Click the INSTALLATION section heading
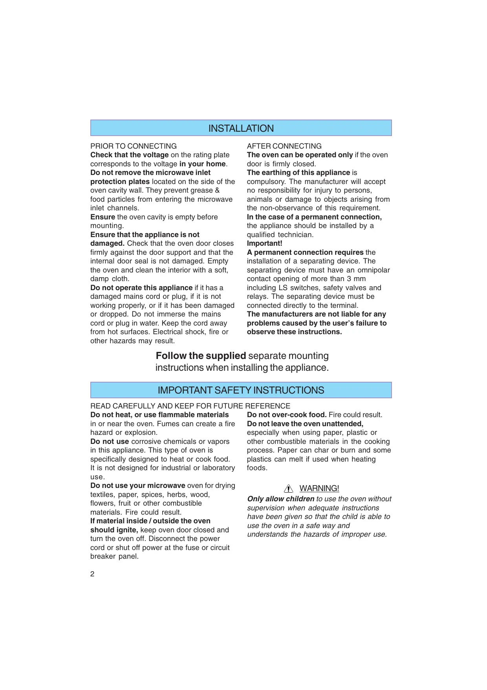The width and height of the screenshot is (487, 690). [x=241, y=129]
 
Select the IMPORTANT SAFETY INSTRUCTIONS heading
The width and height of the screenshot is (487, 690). [x=241, y=390]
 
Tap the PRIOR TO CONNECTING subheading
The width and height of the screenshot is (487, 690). [x=134, y=146]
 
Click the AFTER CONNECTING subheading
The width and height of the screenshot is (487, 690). [x=284, y=146]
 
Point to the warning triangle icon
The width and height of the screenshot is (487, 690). [x=289, y=489]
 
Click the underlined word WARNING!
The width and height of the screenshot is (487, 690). [x=319, y=488]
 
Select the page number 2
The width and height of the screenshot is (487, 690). [x=92, y=574]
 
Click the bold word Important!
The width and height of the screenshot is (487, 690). [x=264, y=243]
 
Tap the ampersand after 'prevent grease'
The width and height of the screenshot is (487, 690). [x=217, y=190]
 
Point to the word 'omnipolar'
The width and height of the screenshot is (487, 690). [x=373, y=270]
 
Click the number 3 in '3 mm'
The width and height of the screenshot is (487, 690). [x=349, y=279]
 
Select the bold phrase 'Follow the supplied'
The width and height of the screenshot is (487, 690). [x=201, y=356]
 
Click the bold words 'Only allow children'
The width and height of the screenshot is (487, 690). [x=281, y=499]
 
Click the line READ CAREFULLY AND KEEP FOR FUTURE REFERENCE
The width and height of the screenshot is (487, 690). [x=190, y=406]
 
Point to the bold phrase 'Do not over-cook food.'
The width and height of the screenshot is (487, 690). [x=287, y=415]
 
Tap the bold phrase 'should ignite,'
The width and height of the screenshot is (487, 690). [x=114, y=530]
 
